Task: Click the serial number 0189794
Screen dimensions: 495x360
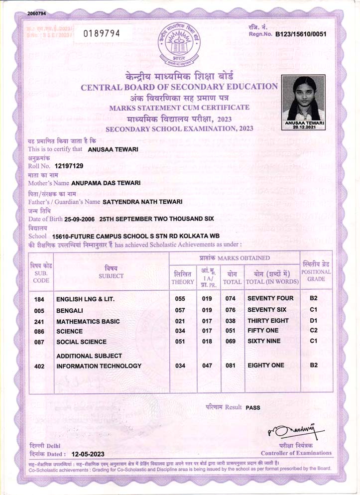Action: pos(102,33)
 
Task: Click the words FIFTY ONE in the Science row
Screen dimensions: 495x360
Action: pos(264,331)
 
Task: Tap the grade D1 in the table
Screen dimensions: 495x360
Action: pos(314,321)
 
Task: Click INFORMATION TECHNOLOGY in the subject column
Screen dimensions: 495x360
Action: pos(99,366)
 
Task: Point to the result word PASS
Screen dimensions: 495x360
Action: pos(253,407)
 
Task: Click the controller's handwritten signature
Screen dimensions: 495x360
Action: pos(296,431)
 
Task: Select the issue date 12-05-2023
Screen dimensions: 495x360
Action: pos(88,454)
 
